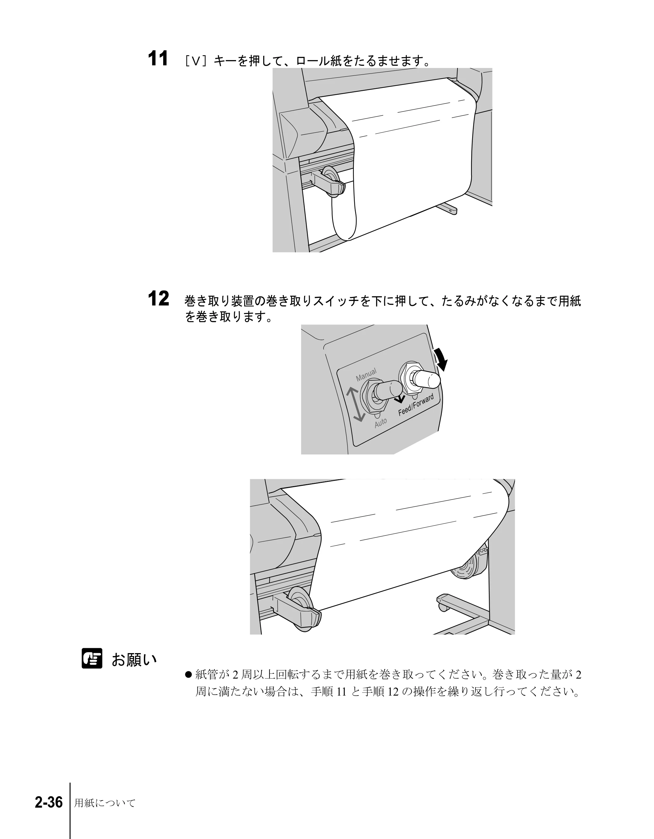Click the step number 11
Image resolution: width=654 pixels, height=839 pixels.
(x=158, y=59)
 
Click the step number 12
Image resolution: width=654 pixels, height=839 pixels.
(x=158, y=299)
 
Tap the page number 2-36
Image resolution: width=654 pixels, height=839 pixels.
(x=49, y=802)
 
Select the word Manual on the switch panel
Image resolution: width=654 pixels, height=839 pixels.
(x=366, y=374)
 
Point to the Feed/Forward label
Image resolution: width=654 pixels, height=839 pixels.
(x=416, y=404)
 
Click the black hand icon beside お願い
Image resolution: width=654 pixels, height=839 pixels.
(x=92, y=658)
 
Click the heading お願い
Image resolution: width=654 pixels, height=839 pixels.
(x=134, y=660)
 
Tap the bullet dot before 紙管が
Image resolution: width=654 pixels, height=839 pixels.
(x=188, y=675)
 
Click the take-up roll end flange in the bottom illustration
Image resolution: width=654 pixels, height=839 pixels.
(x=470, y=568)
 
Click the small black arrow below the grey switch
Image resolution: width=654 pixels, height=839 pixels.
(x=400, y=399)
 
